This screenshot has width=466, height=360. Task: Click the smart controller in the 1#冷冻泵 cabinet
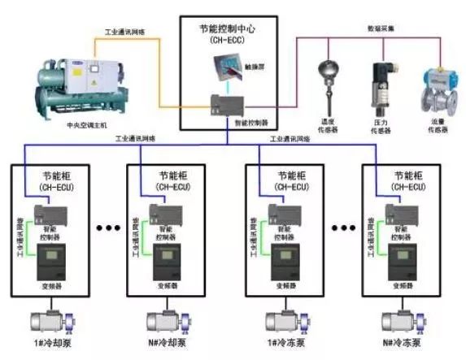[281, 217]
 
